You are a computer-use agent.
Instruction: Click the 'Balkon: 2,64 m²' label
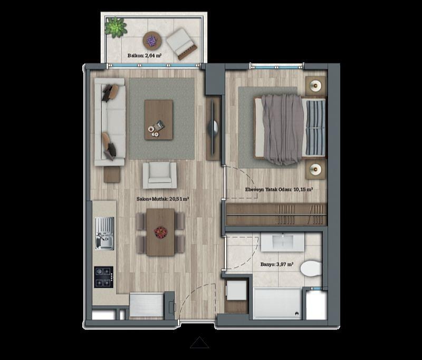click(144, 56)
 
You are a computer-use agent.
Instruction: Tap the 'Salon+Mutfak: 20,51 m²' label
click(162, 199)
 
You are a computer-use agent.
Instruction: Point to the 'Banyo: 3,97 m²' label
click(277, 264)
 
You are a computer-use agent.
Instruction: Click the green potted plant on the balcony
click(116, 27)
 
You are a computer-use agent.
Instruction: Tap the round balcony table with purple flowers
click(152, 41)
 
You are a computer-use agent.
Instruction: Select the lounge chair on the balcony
click(181, 43)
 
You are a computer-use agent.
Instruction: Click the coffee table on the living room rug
click(159, 120)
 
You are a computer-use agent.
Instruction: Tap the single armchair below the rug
click(160, 175)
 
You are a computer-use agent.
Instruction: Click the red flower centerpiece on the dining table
click(161, 232)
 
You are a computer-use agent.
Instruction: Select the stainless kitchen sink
click(104, 233)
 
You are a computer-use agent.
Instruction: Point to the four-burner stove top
click(103, 277)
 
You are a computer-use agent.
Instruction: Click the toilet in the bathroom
click(311, 268)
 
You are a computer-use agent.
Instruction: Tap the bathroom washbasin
click(283, 242)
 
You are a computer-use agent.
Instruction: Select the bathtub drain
click(296, 314)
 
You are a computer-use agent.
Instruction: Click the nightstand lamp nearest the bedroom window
click(315, 86)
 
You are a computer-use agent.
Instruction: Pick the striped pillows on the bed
click(315, 128)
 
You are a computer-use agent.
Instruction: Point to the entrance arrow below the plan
click(199, 343)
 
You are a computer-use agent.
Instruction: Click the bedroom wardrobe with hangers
click(276, 214)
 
